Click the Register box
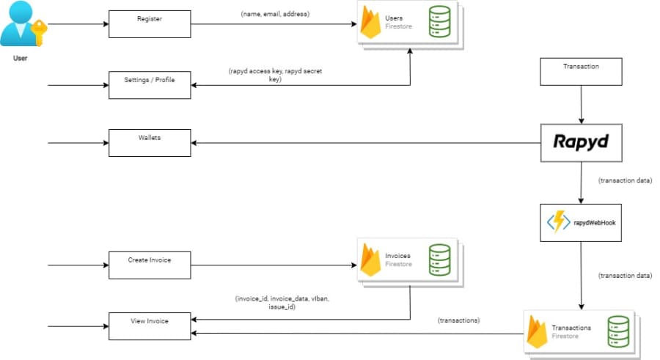tap(150, 23)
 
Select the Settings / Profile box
tap(150, 84)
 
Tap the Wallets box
tap(150, 143)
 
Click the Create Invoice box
tap(150, 265)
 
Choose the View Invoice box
tap(150, 326)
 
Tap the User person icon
tap(20, 26)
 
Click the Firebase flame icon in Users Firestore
tap(371, 24)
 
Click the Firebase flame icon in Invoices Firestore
tap(371, 260)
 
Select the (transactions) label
tap(459, 320)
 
